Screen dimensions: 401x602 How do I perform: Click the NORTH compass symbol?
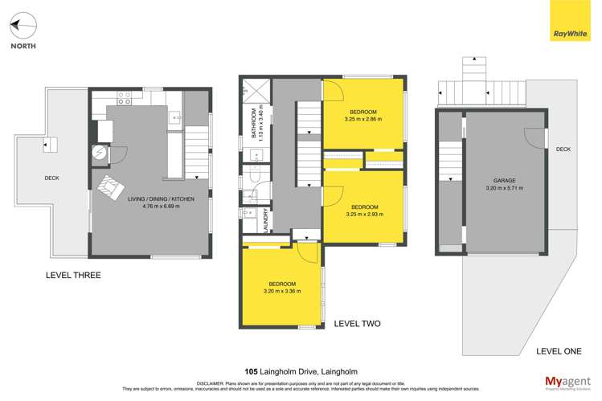click(23, 27)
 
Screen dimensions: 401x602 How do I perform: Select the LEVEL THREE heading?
click(73, 275)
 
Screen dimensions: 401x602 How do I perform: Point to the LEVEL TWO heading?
click(357, 324)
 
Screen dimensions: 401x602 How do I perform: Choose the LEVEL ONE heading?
click(559, 351)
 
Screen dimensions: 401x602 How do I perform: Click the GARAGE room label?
click(505, 181)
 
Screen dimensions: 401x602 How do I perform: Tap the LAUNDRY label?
click(265, 221)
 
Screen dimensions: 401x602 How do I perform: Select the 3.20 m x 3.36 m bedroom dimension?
click(282, 292)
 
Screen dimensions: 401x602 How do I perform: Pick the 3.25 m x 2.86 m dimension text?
click(364, 119)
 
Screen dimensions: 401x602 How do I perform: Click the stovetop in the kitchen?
click(125, 99)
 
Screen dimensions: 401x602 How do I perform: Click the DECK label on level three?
click(52, 178)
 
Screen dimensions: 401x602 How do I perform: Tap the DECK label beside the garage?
click(563, 149)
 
